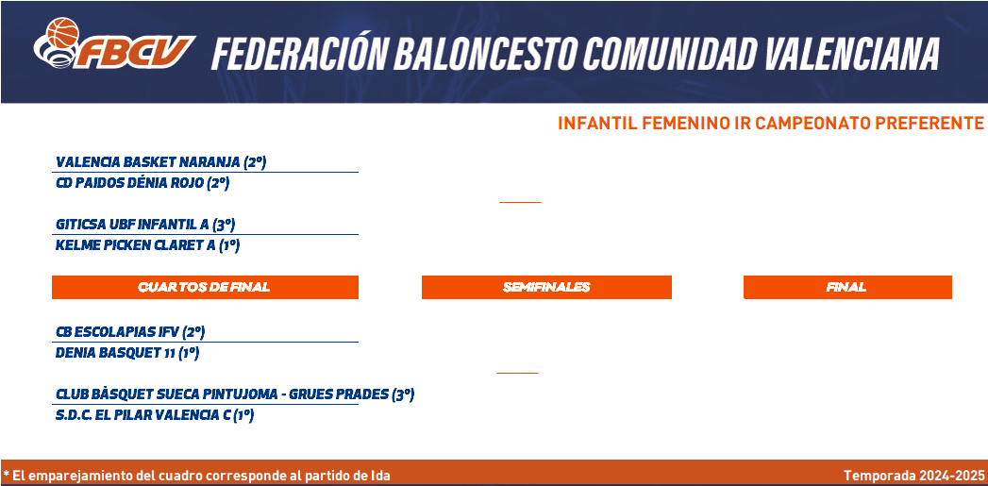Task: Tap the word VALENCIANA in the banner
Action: (x=852, y=54)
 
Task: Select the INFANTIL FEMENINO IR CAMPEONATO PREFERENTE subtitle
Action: (x=770, y=124)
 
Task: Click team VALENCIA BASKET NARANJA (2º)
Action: (x=161, y=162)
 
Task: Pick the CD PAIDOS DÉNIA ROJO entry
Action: (x=142, y=183)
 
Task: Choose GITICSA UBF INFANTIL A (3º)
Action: (x=145, y=225)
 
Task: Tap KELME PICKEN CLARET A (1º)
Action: (x=147, y=245)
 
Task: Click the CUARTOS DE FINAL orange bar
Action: (x=205, y=288)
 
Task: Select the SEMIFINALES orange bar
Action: (x=546, y=288)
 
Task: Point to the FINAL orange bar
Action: (x=847, y=288)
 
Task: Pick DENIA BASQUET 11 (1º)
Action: (x=127, y=353)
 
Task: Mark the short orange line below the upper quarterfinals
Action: (x=520, y=202)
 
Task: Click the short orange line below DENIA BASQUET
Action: (x=517, y=373)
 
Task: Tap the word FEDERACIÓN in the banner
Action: (x=299, y=54)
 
